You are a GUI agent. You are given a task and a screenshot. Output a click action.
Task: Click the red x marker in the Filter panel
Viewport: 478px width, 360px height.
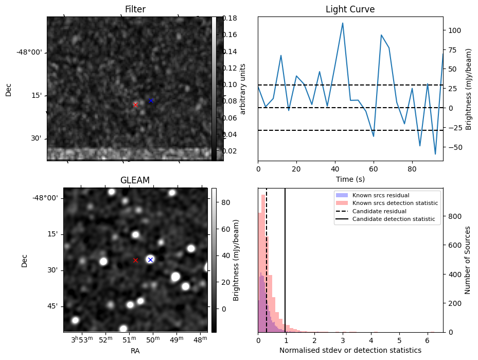pos(135,105)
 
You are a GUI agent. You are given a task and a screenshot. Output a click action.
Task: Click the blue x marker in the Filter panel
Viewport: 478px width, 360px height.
pos(151,100)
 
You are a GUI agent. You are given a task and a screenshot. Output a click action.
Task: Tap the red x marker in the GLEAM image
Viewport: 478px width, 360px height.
pos(135,260)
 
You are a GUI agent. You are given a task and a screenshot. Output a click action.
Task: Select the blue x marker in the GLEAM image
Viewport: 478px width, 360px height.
pos(150,260)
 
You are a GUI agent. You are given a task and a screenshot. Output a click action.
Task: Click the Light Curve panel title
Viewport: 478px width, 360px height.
pos(350,9)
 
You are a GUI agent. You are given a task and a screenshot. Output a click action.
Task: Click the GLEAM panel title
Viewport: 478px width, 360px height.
pos(135,180)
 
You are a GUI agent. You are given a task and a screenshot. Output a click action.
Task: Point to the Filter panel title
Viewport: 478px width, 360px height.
pos(135,9)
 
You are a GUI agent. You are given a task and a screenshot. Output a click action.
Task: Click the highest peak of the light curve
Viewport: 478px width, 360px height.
pos(343,23)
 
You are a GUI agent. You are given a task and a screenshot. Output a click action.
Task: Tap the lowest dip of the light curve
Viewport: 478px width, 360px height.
pos(435,154)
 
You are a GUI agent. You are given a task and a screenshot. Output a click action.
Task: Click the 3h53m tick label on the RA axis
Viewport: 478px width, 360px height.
pos(82,340)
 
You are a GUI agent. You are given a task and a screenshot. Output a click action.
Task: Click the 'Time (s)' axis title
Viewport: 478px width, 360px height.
pos(350,178)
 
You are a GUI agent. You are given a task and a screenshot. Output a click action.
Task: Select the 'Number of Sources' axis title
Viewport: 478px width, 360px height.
pos(468,260)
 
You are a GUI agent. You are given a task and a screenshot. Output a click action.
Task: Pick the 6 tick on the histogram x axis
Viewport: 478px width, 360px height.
pos(427,340)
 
